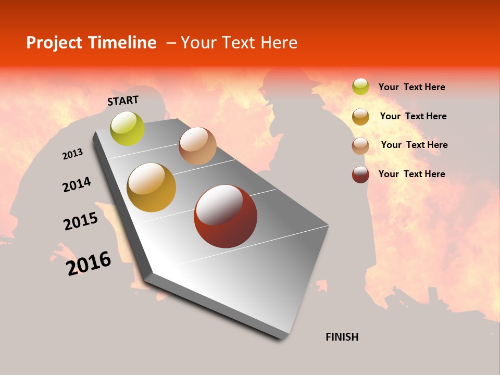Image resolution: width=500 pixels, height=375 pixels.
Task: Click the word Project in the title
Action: point(54,43)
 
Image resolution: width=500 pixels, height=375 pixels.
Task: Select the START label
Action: point(123,100)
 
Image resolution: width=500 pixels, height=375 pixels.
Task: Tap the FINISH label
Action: point(342,337)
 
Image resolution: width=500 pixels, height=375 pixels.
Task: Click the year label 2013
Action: point(72,154)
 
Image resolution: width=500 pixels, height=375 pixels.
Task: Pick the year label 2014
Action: point(77,184)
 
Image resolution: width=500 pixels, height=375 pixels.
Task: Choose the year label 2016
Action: point(89,263)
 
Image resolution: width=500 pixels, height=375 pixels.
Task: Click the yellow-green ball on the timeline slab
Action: point(127,128)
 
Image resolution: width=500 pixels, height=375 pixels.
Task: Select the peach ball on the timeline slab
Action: point(197,146)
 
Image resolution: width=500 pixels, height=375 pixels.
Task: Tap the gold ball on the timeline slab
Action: point(151,187)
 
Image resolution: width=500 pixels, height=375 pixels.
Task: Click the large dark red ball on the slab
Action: point(226,216)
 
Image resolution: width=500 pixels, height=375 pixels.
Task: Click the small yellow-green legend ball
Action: point(360,86)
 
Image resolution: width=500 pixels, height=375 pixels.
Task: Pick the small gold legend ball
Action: point(360,116)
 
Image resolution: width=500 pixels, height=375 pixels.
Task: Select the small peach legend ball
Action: point(360,145)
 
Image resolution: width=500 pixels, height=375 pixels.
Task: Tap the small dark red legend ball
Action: point(360,174)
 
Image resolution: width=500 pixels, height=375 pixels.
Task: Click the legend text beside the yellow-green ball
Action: point(411,87)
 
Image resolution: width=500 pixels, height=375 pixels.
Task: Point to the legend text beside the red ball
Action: point(411,174)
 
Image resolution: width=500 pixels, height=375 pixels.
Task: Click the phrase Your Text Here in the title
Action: point(239,43)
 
